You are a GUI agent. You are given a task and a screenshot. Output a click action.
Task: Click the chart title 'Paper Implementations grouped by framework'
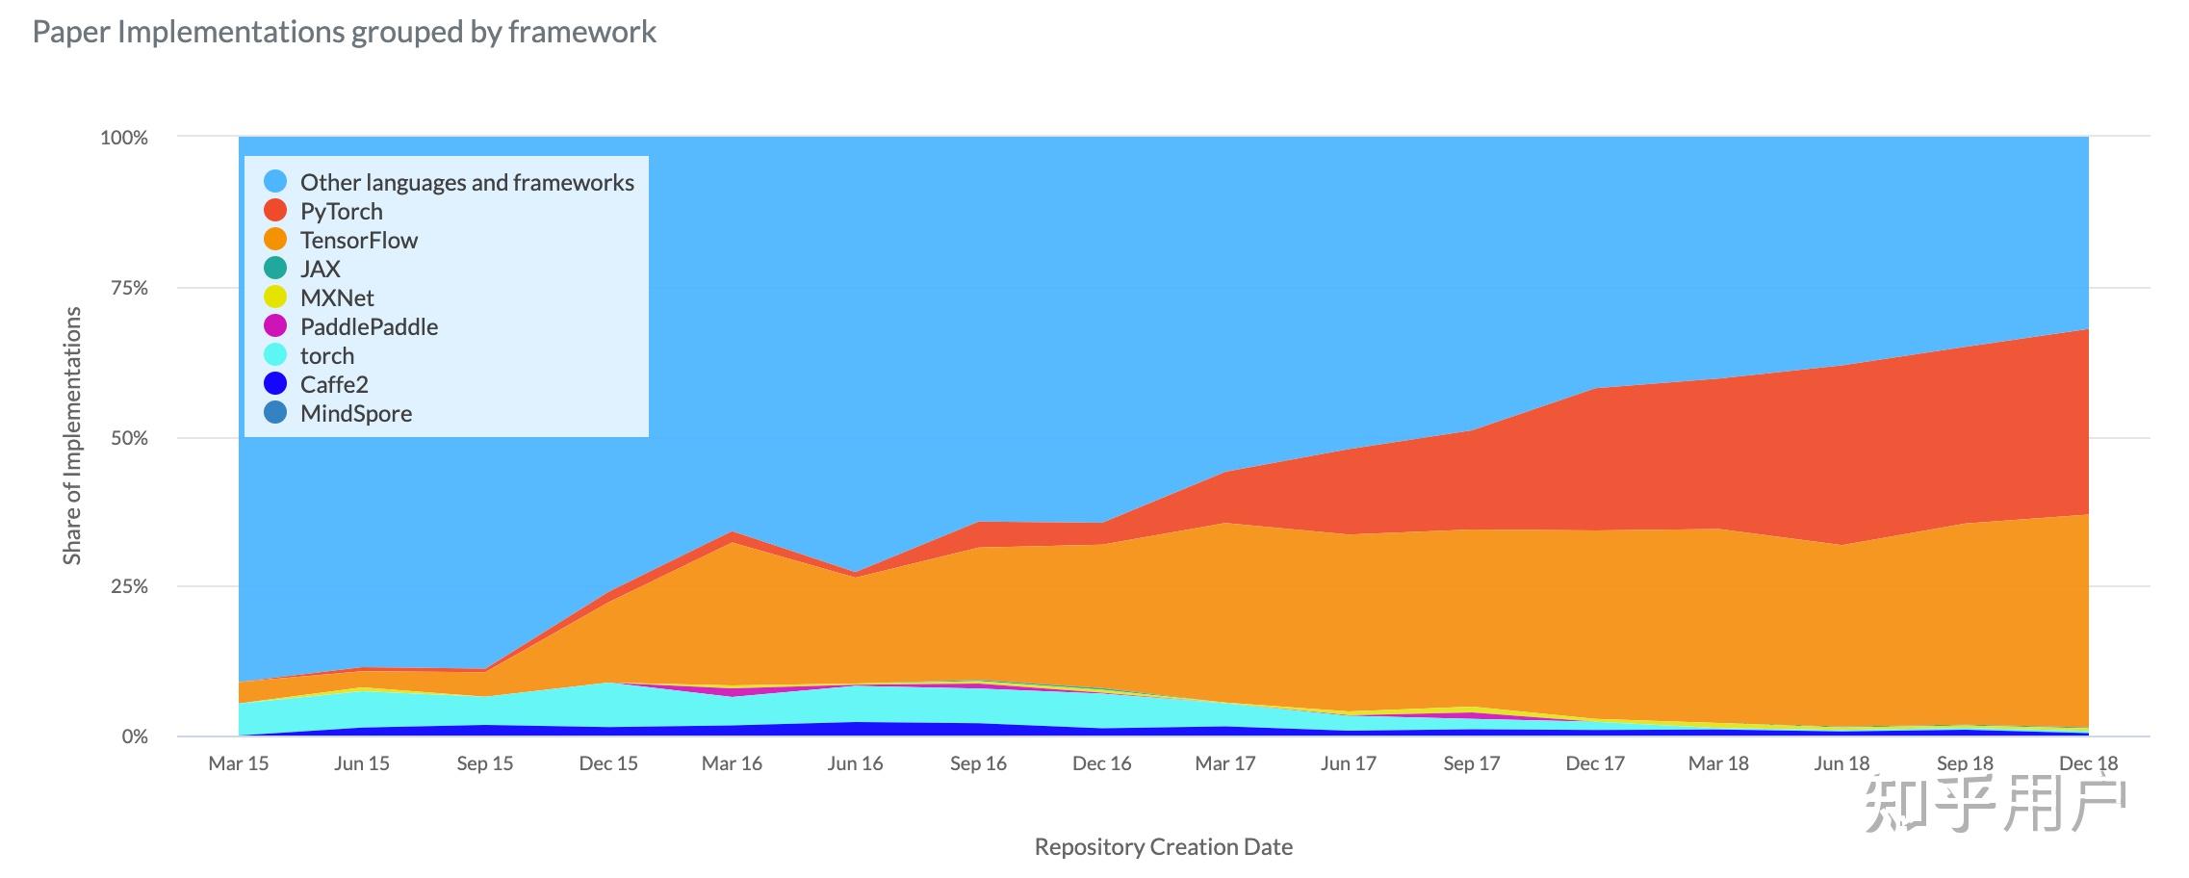click(344, 33)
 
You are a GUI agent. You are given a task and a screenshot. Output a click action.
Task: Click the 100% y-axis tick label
click(124, 138)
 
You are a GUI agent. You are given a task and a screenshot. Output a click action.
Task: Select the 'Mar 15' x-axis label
click(239, 763)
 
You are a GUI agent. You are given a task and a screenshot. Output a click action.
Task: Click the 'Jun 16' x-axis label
click(855, 763)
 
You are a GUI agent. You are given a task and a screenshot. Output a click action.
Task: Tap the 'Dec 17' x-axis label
click(1594, 763)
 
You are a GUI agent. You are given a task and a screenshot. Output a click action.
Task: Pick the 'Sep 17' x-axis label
click(1471, 763)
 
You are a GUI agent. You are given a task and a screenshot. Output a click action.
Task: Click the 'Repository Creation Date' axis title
click(1163, 847)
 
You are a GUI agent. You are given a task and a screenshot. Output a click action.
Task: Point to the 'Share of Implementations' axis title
click(72, 435)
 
